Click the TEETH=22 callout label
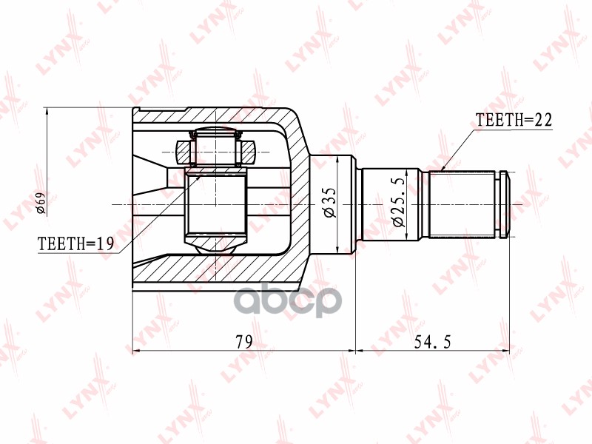pyautogui.click(x=514, y=121)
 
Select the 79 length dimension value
pyautogui.click(x=243, y=341)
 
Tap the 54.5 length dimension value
pyautogui.click(x=433, y=341)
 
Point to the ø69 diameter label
pyautogui.click(x=41, y=203)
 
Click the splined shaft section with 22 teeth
pyautogui.click(x=463, y=203)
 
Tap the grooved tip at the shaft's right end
pyautogui.click(x=505, y=203)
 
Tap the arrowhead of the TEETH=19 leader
pyautogui.click(x=187, y=180)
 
